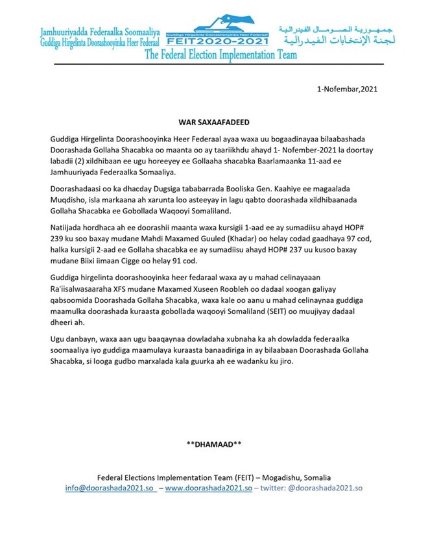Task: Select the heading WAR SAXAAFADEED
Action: [x=214, y=121]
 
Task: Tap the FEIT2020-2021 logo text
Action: [x=219, y=40]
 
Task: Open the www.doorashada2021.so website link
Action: [x=209, y=487]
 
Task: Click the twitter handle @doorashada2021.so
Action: [x=324, y=487]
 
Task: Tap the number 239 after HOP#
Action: [x=58, y=239]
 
